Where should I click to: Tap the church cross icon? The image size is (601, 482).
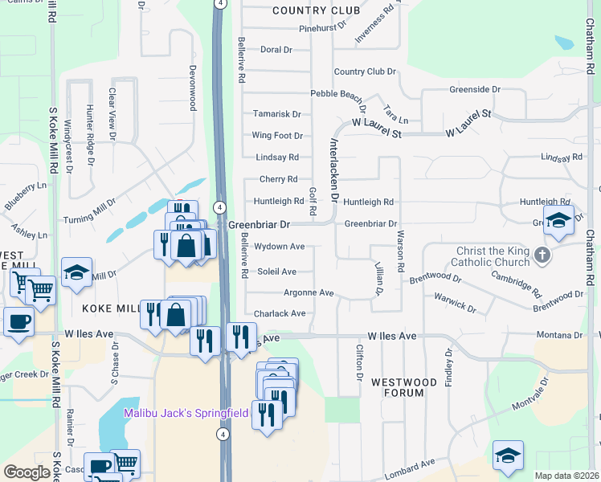[x=543, y=255]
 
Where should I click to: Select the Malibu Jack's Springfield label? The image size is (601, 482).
[x=186, y=413]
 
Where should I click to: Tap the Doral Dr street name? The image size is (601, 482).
[x=276, y=50]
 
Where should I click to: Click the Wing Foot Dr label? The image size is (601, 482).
[x=276, y=136]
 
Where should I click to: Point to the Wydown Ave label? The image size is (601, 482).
[x=279, y=247]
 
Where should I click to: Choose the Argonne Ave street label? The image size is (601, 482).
[x=308, y=293]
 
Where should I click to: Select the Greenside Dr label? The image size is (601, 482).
[x=475, y=89]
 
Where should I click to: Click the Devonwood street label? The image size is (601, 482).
[x=193, y=88]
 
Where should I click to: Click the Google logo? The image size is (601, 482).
[x=27, y=472]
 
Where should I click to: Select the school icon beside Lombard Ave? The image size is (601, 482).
[x=508, y=456]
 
